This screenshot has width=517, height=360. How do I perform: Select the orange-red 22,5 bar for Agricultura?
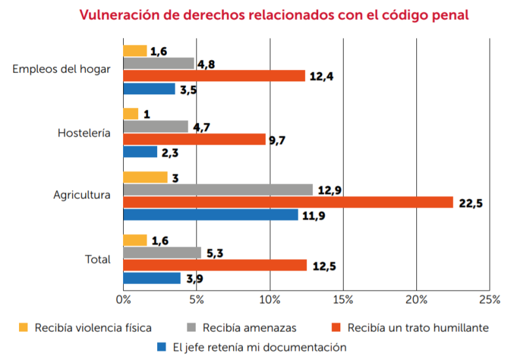pyautogui.click(x=288, y=202)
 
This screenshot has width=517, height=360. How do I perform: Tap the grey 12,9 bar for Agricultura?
pyautogui.click(x=218, y=190)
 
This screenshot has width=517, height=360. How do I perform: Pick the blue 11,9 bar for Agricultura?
pyautogui.click(x=211, y=215)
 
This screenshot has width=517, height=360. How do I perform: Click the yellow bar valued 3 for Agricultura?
pyautogui.click(x=145, y=177)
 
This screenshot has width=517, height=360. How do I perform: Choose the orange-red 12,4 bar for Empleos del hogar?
pyautogui.click(x=214, y=76)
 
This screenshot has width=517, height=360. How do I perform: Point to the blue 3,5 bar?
pyautogui.click(x=149, y=88)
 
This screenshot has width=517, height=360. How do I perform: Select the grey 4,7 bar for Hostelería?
pyautogui.click(x=156, y=126)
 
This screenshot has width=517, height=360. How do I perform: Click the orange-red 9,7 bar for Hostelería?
pyautogui.click(x=194, y=139)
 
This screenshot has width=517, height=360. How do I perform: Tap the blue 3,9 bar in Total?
pyautogui.click(x=152, y=278)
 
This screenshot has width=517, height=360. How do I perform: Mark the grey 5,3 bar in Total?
pyautogui.click(x=162, y=253)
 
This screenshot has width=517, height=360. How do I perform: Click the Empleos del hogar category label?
pyautogui.click(x=62, y=69)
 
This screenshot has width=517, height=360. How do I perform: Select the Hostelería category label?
pyautogui.click(x=84, y=133)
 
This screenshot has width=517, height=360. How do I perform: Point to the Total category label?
pyautogui.click(x=98, y=259)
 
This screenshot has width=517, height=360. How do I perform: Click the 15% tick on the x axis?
pyautogui.click(x=343, y=300)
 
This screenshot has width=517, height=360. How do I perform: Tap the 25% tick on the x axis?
pyautogui.click(x=490, y=300)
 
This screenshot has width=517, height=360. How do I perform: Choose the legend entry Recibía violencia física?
pyautogui.click(x=93, y=327)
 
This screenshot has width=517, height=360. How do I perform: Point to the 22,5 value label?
pyautogui.click(x=471, y=203)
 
